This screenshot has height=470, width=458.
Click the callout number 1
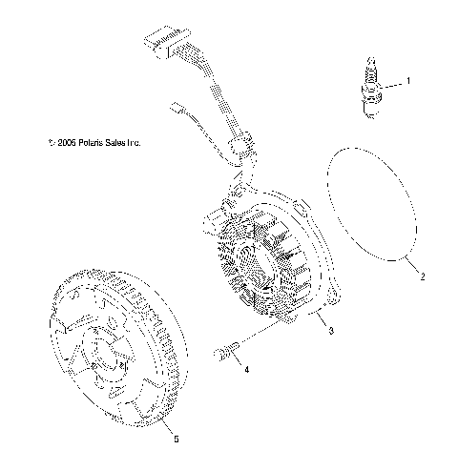click(408, 81)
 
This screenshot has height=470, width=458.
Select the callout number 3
click(330, 331)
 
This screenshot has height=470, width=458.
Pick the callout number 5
click(175, 439)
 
